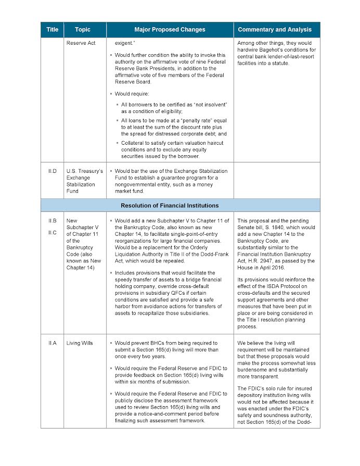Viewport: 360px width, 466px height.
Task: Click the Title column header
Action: (52, 30)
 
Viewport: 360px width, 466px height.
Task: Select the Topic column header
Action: (83, 30)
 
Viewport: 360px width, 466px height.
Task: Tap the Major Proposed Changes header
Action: (170, 30)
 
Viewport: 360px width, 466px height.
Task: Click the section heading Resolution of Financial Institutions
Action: (170, 206)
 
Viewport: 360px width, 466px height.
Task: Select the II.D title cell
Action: (52, 171)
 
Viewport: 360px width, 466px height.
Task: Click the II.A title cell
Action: (52, 343)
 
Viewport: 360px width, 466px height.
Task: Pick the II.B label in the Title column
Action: (52, 221)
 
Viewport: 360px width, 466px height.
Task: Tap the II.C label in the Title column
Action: (52, 232)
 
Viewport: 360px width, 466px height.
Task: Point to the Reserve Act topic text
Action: (81, 43)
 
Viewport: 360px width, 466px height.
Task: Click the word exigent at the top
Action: (125, 43)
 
